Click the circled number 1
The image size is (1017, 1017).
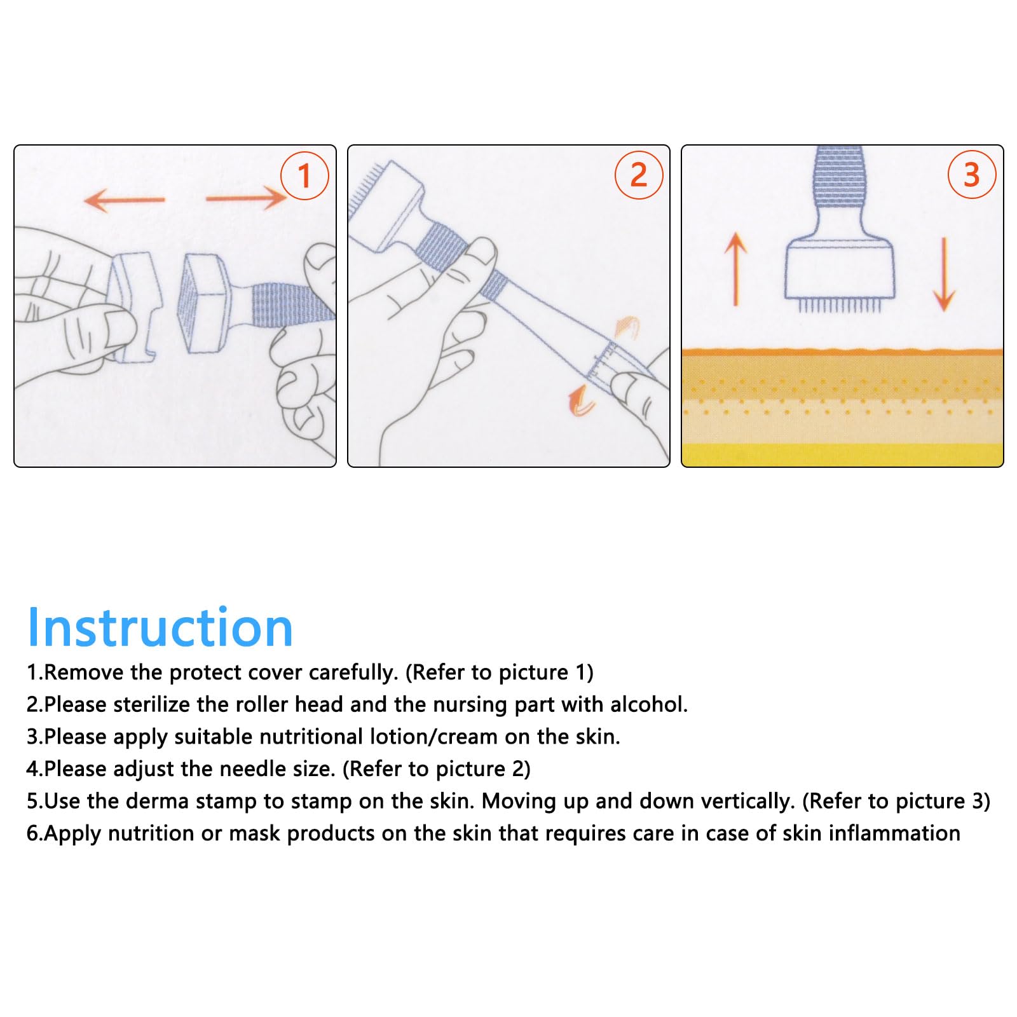304,175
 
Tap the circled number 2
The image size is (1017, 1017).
639,175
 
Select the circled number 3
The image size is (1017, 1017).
972,174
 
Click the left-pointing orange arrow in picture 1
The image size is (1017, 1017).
125,200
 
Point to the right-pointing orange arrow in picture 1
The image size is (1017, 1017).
247,198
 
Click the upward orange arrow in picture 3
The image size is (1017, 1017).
736,269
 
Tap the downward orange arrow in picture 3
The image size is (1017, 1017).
944,274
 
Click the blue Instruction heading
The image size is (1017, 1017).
160,627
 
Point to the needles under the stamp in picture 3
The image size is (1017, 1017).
839,306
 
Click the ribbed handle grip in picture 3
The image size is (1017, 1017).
839,177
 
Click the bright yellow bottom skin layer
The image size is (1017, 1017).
842,455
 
